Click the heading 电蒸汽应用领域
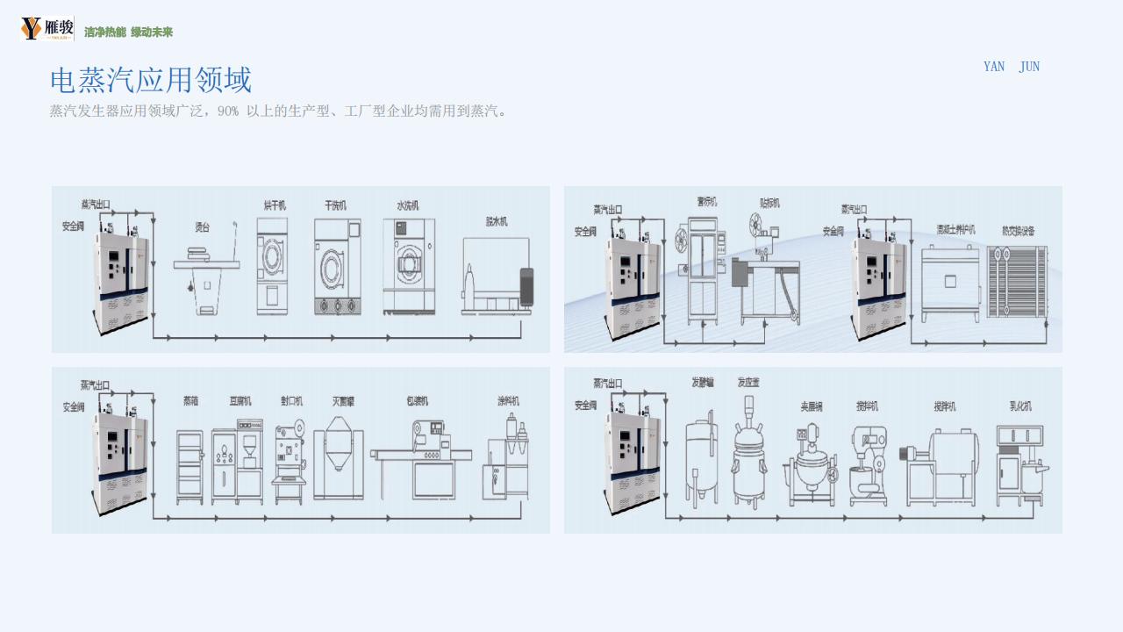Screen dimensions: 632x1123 [x=151, y=81]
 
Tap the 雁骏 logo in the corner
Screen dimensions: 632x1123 [x=46, y=29]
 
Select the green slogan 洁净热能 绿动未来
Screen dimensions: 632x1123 [x=129, y=32]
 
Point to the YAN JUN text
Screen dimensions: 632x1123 [x=1011, y=67]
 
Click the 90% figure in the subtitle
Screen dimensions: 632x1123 [x=228, y=111]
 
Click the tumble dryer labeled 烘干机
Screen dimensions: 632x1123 [x=272, y=266]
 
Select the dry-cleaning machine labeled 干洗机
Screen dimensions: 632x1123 [x=338, y=267]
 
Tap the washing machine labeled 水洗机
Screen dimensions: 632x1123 [x=409, y=266]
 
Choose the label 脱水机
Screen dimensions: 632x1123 [x=497, y=221]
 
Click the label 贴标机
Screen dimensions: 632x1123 [x=769, y=203]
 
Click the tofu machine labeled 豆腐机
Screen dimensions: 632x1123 [x=237, y=465]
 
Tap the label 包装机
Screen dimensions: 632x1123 [x=417, y=401]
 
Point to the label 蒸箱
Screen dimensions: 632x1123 [x=190, y=401]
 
